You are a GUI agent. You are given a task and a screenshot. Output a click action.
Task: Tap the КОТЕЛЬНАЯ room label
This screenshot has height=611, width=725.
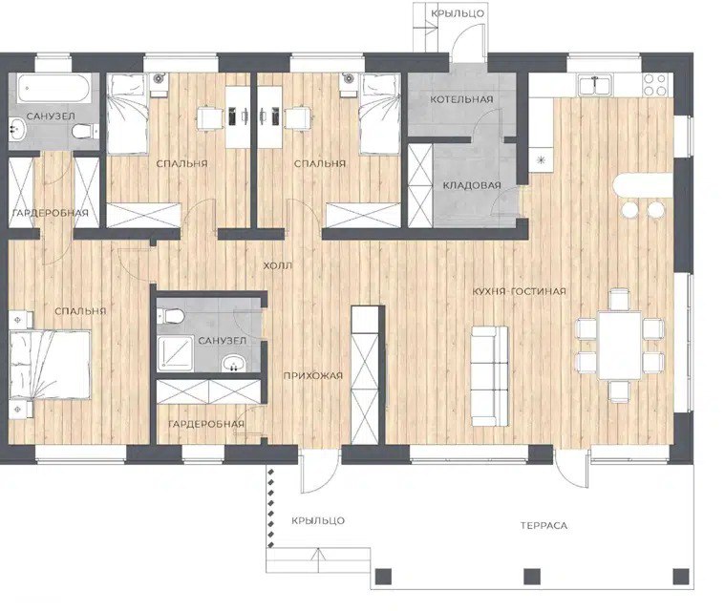tap(461, 99)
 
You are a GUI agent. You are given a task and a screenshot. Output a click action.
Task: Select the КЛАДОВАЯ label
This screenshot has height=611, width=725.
tap(472, 185)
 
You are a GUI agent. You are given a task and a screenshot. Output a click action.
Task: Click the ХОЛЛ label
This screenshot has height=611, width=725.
tap(277, 265)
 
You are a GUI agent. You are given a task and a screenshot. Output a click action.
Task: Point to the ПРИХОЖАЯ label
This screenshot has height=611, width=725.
tap(313, 376)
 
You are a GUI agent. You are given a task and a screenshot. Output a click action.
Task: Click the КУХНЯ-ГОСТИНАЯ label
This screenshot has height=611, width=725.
tap(519, 291)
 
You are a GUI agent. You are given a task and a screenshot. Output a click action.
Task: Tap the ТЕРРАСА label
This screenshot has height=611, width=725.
tap(544, 525)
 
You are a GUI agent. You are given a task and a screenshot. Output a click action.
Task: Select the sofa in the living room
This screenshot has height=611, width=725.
tap(489, 376)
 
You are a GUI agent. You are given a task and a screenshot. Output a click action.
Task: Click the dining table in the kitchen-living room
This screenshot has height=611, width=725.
tap(620, 346)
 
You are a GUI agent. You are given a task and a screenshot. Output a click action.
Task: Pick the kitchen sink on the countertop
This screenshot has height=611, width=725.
tap(594, 86)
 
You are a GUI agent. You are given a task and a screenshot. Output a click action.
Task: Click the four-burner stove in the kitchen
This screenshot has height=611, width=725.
tap(655, 85)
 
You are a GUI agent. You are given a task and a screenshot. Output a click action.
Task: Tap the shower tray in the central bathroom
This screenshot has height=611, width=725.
tap(175, 353)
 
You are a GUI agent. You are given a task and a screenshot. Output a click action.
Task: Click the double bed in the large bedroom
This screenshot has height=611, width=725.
tap(50, 365)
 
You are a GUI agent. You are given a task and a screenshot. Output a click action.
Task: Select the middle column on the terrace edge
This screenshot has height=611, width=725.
tap(532, 577)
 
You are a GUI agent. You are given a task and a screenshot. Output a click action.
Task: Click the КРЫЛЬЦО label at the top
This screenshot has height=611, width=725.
tap(458, 13)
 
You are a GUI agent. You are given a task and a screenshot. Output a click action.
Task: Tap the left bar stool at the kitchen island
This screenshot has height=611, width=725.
tap(629, 209)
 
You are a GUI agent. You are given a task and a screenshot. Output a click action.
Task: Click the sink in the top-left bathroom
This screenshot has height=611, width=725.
tap(17, 129)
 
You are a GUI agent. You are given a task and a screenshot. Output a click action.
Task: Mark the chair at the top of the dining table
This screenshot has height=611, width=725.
tap(619, 300)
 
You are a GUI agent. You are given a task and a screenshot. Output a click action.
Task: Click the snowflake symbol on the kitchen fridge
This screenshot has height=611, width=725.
tap(541, 160)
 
